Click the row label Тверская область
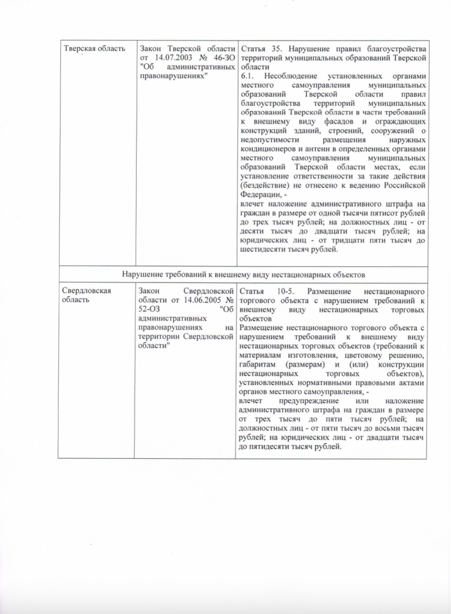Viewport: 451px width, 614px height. coord(94,49)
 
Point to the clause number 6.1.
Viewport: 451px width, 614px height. coord(247,76)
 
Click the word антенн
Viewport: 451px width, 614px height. coord(311,149)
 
